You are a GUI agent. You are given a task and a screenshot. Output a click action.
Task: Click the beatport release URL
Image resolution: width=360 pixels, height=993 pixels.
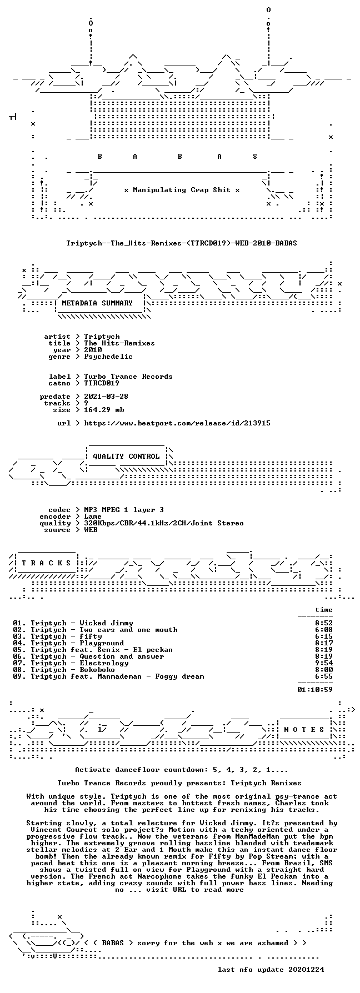(177, 423)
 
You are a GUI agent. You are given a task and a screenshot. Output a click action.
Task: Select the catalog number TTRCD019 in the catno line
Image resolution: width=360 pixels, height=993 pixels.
(102, 383)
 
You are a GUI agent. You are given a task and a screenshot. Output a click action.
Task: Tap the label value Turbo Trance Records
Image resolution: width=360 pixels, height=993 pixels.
(128, 377)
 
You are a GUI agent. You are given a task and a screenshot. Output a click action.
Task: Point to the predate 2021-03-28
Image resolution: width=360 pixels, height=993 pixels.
(106, 397)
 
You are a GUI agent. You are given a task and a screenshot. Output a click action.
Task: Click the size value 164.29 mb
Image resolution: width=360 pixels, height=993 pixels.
(104, 410)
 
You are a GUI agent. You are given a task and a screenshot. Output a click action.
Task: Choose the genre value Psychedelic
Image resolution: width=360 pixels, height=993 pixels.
(108, 357)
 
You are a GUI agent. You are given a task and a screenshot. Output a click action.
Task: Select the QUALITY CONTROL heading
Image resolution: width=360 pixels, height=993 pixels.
(126, 457)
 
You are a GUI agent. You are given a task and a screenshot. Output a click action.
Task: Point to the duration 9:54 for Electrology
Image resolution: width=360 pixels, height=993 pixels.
(324, 663)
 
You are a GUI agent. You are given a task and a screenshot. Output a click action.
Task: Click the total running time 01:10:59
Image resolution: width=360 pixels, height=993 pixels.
(315, 690)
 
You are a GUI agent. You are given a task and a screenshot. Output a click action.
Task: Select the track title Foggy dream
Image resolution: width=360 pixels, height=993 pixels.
(179, 676)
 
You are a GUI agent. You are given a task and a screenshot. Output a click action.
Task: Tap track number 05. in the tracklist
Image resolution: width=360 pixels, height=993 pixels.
(19, 650)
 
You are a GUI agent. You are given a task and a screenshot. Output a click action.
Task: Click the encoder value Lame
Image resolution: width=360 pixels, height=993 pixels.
(93, 516)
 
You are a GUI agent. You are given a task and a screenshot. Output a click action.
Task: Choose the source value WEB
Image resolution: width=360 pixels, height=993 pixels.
(91, 530)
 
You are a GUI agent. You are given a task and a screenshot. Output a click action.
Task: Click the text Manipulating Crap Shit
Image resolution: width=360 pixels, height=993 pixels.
(182, 190)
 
